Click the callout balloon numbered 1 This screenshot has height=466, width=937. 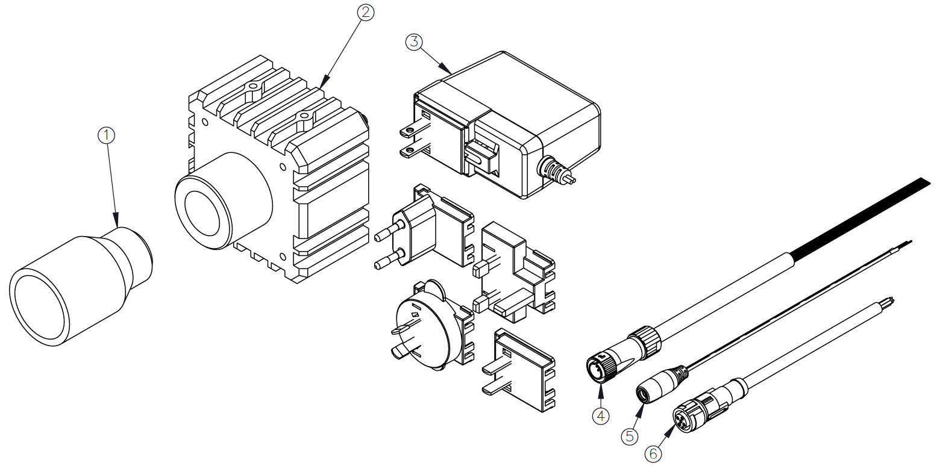coord(106,135)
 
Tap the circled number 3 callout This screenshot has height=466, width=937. coord(413,42)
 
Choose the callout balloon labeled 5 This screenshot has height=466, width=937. coord(630,436)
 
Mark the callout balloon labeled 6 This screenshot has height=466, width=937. coord(654,453)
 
